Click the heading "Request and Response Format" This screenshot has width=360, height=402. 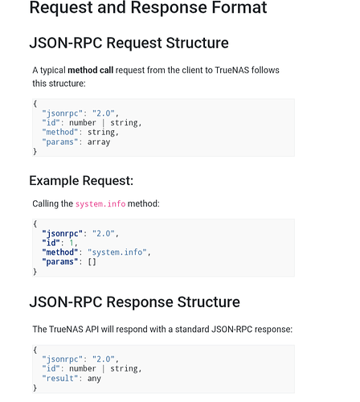[x=148, y=7]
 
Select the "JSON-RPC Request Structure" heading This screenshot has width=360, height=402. [x=129, y=43]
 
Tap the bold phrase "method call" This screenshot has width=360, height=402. [x=91, y=70]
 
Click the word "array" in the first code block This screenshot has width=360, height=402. [x=99, y=142]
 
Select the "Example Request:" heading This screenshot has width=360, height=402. [x=81, y=181]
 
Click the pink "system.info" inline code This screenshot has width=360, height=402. [x=100, y=204]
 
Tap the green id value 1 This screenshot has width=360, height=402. [x=72, y=243]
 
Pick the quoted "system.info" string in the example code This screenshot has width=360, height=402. [x=117, y=252]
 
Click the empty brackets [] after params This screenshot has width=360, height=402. [x=92, y=261]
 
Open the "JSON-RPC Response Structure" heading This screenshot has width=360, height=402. [x=134, y=302]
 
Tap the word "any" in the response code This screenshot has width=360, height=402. [x=94, y=379]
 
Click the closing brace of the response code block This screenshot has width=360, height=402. [x=35, y=388]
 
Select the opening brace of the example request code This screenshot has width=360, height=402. [x=35, y=224]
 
